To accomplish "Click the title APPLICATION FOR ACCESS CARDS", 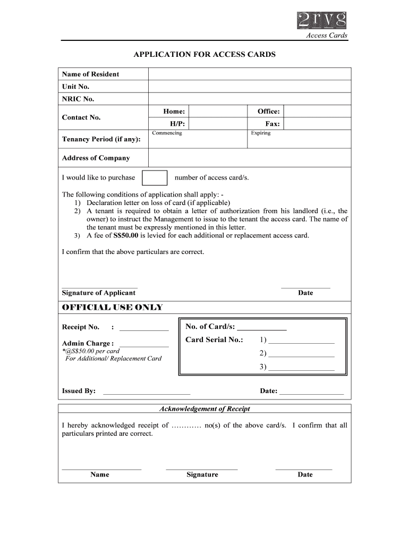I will click(204, 55).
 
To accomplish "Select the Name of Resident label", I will click(90, 74).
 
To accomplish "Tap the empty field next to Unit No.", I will click(249, 87).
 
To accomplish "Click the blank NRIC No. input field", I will click(249, 99).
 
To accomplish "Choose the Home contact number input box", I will click(218, 111).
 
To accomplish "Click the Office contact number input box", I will click(317, 111).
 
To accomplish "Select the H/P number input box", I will click(218, 124).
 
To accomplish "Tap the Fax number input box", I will click(317, 124).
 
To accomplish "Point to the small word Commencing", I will click(167, 133).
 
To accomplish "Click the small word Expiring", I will click(261, 133).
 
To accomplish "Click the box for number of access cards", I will click(156, 177).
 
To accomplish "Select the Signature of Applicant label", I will click(99, 293).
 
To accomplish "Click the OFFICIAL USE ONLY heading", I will click(112, 308).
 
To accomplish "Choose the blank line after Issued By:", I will click(146, 393).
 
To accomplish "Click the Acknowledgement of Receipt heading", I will click(204, 409).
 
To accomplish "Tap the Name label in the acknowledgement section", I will click(100, 474).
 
